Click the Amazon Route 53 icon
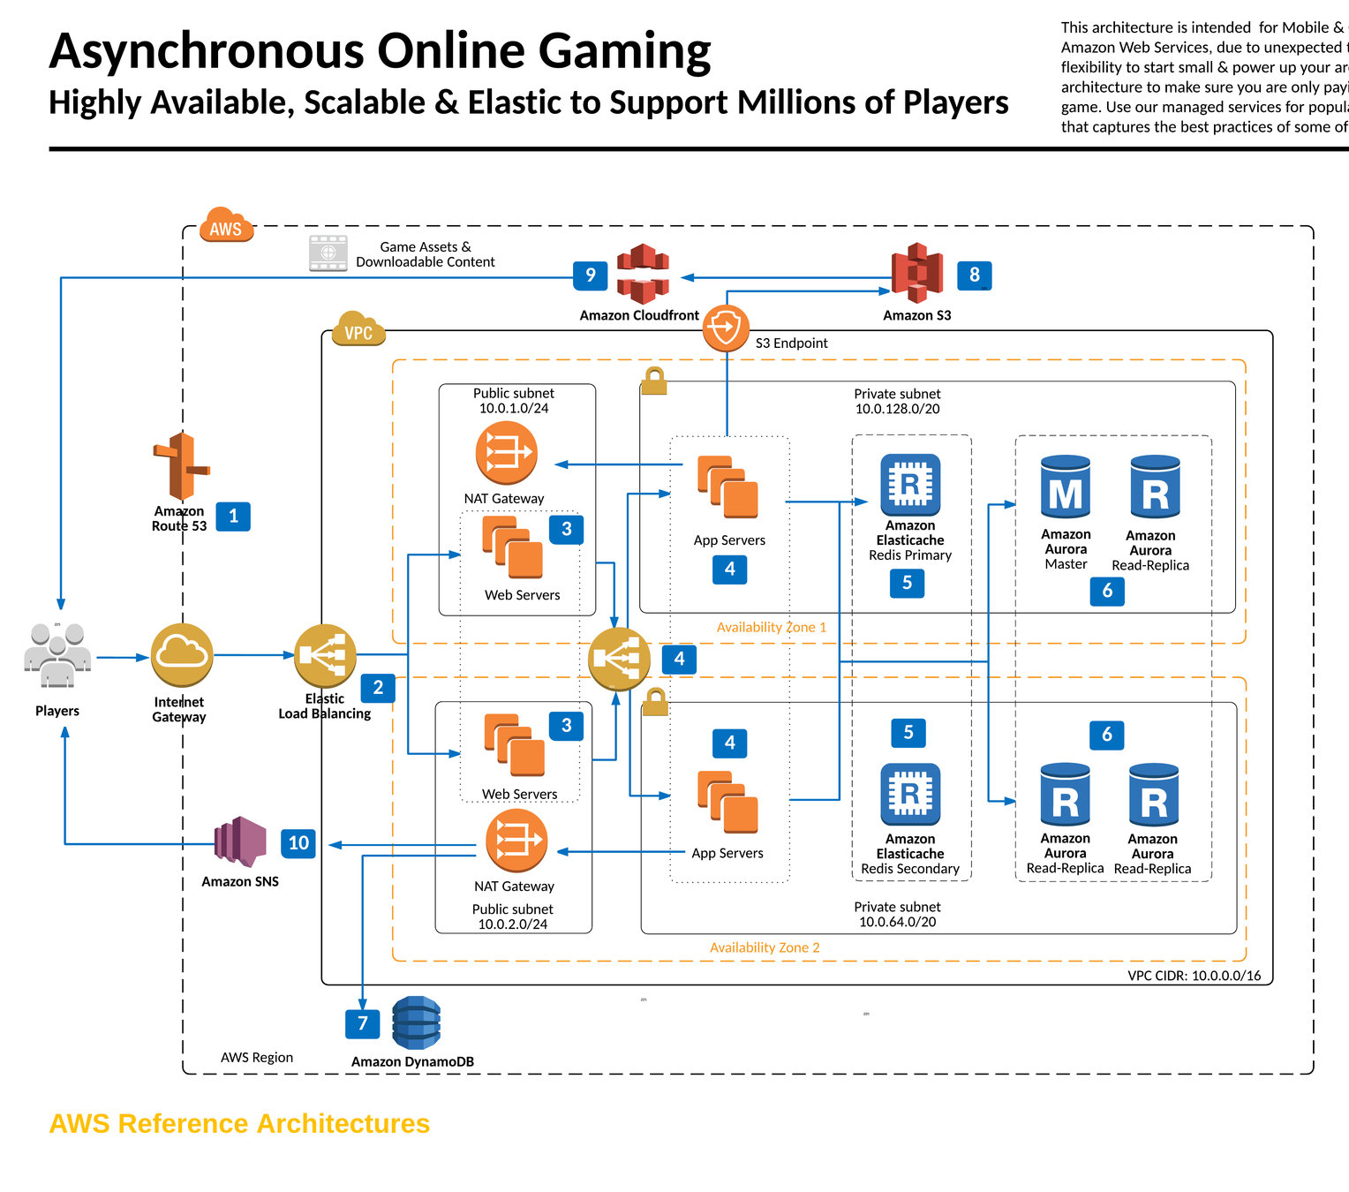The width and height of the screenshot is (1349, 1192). coord(181,466)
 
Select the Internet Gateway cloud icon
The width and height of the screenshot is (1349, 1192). coord(181,655)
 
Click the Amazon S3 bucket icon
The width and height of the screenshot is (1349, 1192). coord(916,274)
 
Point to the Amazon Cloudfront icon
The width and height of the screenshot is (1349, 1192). coord(643,274)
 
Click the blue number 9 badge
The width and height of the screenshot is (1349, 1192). coord(590,275)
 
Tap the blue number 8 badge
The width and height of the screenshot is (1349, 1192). coord(975,275)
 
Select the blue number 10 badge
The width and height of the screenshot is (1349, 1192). coord(298,843)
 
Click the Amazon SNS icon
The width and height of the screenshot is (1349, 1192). coord(240,841)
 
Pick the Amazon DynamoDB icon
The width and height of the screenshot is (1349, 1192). coord(415,1023)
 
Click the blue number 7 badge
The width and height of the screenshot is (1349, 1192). coord(362,1024)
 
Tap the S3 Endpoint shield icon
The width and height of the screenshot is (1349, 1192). coord(726,329)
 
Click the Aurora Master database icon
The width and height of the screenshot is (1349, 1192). coord(1066,488)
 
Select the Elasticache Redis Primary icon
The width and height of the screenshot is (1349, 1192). coord(910,485)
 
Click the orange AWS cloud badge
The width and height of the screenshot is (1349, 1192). coord(226,227)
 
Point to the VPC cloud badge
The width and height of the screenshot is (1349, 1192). coord(358,330)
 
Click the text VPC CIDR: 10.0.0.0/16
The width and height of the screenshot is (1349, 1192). coord(1194,976)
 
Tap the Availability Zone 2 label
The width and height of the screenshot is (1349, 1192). coord(765,947)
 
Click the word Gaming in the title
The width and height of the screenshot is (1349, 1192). coord(624,50)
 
